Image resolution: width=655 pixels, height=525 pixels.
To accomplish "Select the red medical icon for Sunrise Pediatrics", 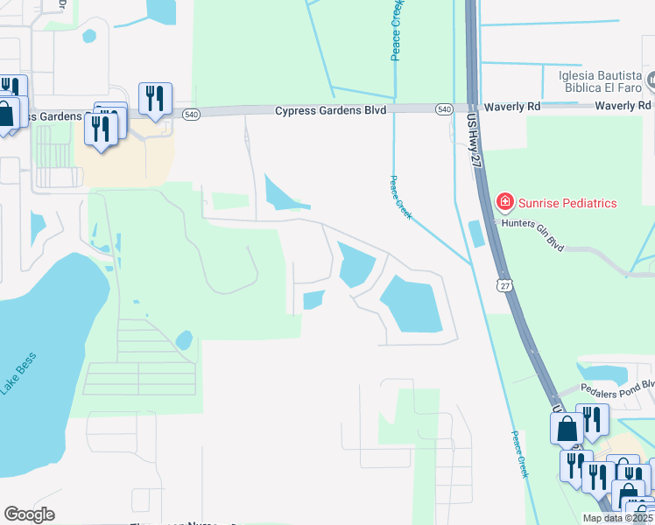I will [504, 203].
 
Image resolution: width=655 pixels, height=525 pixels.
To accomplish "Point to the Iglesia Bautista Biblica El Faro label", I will [601, 82].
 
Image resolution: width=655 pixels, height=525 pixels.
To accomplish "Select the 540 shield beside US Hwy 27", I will [445, 108].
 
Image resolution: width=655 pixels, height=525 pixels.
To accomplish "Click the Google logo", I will [29, 514].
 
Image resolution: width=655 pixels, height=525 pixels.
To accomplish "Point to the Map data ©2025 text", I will [617, 518].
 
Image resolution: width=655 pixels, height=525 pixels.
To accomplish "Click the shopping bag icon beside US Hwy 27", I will [567, 429].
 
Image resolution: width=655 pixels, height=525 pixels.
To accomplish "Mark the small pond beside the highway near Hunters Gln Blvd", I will [475, 234].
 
